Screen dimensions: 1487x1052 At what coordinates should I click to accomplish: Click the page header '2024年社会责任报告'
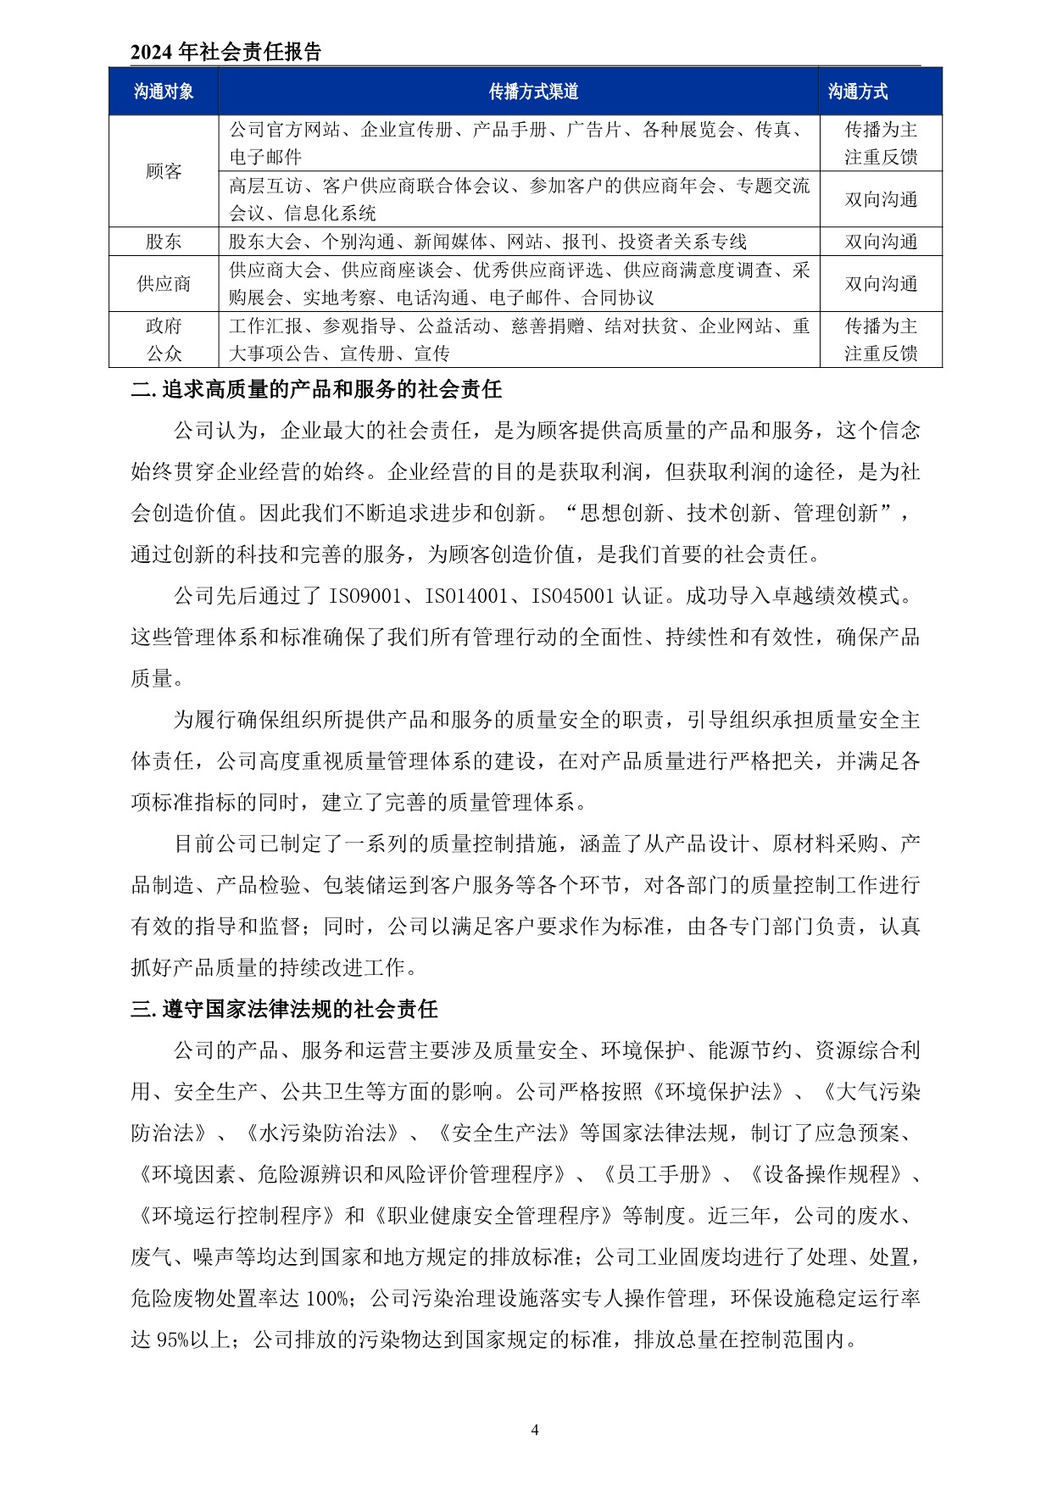(225, 53)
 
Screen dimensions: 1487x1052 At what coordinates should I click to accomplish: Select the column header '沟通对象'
(164, 92)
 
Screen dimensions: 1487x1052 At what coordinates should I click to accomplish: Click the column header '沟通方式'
(857, 92)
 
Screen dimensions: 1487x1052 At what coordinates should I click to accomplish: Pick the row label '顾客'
(164, 171)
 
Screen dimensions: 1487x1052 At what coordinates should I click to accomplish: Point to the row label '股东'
(164, 242)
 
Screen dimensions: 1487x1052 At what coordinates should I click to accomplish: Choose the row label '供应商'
(164, 284)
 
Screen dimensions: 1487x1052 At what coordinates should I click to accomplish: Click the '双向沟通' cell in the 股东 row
(881, 242)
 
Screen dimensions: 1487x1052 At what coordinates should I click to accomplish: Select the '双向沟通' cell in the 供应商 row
(881, 284)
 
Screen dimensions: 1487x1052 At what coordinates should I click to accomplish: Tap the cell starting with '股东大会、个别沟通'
(487, 242)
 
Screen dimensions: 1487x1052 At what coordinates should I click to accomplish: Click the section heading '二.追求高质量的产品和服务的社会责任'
(316, 390)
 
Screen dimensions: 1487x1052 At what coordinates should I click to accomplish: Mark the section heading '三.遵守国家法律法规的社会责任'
(284, 1010)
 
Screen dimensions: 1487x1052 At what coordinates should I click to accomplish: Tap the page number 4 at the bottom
(534, 1430)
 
